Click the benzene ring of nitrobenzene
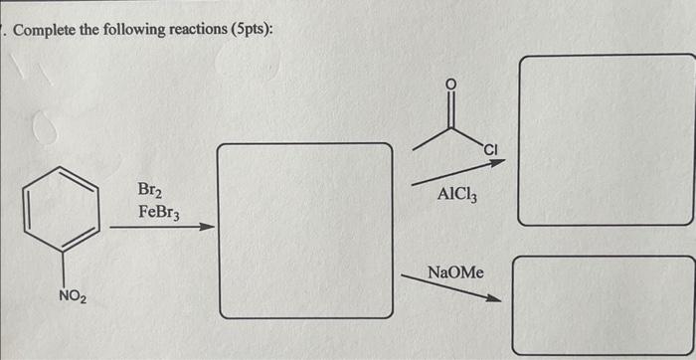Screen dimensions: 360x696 [x=63, y=212]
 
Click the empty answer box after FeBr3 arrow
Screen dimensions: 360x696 [x=305, y=231]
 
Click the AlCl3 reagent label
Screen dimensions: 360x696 [x=456, y=196]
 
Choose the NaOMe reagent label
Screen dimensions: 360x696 [x=454, y=270]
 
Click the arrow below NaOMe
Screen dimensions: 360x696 [x=452, y=287]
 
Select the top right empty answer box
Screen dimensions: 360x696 [x=607, y=139]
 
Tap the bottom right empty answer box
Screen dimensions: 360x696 [x=603, y=304]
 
